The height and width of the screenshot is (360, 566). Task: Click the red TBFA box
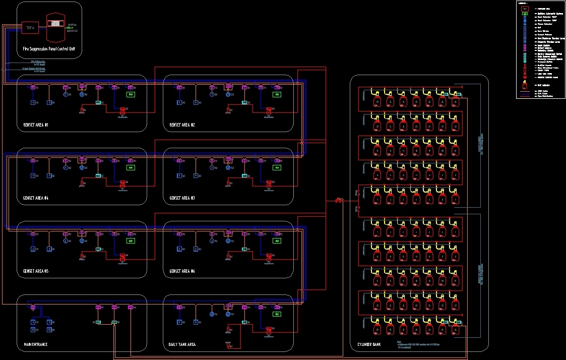tap(30, 28)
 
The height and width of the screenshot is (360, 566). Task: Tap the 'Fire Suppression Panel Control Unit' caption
tap(49, 49)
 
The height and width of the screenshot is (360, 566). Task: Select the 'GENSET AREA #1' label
tap(35, 125)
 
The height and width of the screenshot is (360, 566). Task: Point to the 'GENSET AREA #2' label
tap(182, 125)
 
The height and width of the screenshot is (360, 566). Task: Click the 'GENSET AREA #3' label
tap(182, 198)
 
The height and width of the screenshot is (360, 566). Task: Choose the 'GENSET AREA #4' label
tap(35, 198)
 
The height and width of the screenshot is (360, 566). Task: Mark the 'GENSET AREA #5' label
tap(35, 271)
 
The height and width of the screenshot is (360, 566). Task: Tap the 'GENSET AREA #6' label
tap(182, 271)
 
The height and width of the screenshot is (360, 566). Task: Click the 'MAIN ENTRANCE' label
tap(35, 345)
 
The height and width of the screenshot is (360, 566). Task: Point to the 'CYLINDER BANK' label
tap(365, 345)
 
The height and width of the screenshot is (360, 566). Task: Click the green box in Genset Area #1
tap(131, 94)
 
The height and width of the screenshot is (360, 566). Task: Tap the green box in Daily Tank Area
tap(277, 314)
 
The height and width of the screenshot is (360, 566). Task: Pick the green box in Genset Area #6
tap(277, 241)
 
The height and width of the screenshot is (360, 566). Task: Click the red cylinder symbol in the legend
tap(525, 85)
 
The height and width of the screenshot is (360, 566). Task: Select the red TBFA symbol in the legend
tap(525, 9)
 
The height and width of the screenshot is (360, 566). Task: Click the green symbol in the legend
tap(525, 14)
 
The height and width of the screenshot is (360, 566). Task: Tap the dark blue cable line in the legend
tap(525, 93)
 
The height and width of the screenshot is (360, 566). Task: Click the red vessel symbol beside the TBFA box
tap(55, 28)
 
